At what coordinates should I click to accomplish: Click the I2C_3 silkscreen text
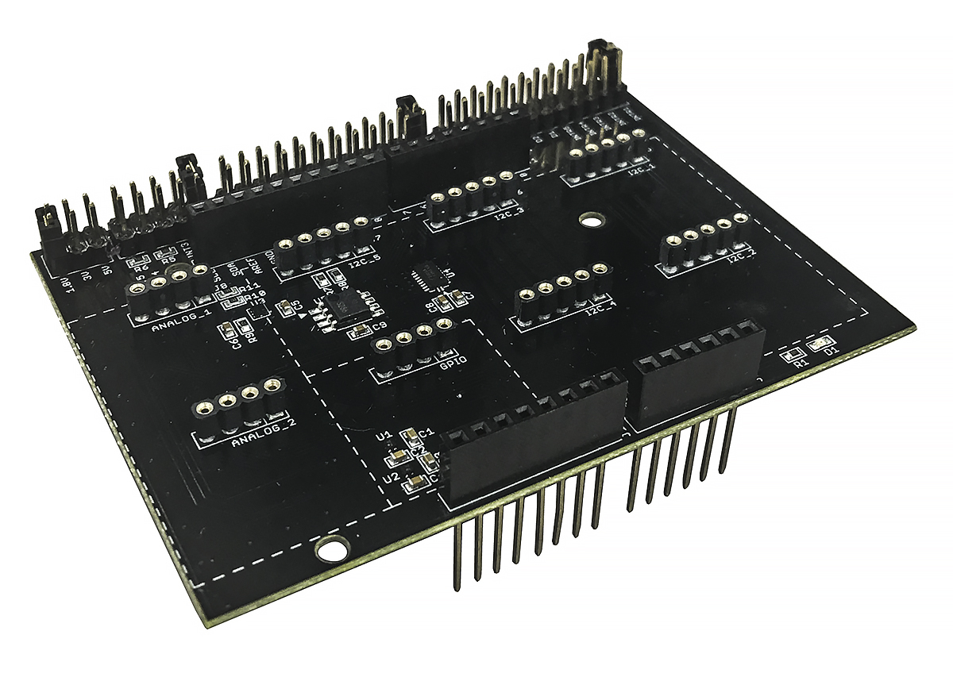click(508, 214)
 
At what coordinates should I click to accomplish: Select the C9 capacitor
click(361, 330)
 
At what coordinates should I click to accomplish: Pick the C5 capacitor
click(284, 307)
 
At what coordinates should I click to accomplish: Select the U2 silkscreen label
click(389, 478)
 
